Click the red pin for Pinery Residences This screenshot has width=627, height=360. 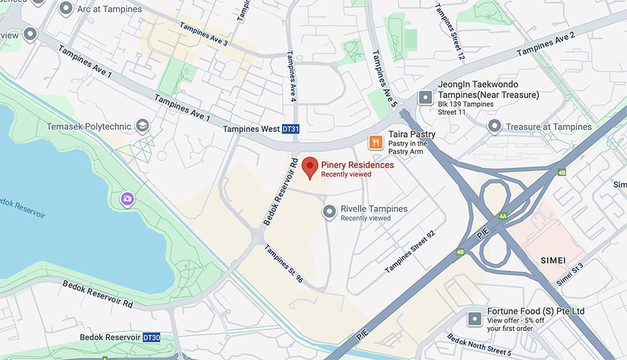click(310, 167)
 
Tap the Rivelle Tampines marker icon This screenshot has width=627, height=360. click(329, 212)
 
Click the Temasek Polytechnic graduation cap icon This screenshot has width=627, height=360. click(142, 126)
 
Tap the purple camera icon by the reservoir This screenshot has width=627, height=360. click(127, 198)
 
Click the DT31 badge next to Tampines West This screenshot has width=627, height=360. click(290, 129)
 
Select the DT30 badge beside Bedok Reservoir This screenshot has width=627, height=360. click(152, 338)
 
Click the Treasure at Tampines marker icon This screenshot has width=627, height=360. click(494, 126)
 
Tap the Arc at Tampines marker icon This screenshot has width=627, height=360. click(66, 9)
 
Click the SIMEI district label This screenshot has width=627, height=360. click(555, 258)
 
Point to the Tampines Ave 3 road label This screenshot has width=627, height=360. click(204, 34)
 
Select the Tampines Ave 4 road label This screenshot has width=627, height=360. click(291, 77)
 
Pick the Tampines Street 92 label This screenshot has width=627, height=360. click(410, 252)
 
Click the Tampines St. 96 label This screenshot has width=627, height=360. click(284, 263)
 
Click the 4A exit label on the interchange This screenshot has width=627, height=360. click(503, 216)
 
